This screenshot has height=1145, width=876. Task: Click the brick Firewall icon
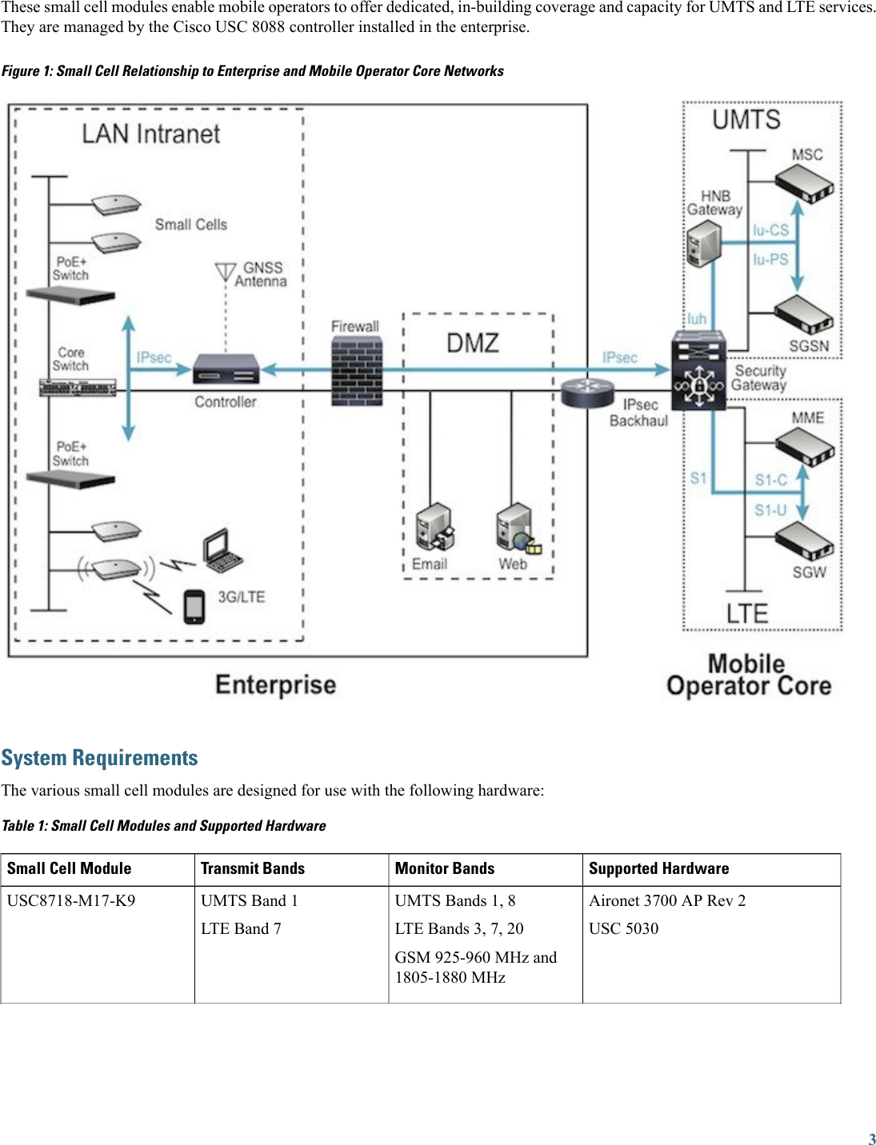(357, 371)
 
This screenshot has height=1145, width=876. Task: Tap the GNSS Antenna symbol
(226, 273)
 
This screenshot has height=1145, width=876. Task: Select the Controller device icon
(227, 369)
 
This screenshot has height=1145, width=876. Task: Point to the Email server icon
(435, 527)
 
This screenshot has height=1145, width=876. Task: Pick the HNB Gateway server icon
(704, 243)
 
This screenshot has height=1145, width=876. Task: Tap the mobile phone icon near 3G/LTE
(194, 606)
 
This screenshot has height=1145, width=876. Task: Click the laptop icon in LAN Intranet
(222, 551)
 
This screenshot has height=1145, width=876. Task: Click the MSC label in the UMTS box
(806, 154)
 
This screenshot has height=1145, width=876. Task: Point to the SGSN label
(809, 346)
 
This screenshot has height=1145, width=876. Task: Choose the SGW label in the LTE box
(809, 572)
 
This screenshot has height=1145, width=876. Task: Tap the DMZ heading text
(472, 343)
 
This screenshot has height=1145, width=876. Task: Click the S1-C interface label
(770, 480)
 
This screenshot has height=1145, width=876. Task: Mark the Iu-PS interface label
(770, 260)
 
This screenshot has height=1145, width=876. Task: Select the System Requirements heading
(99, 758)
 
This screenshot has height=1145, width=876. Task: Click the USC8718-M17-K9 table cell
(71, 900)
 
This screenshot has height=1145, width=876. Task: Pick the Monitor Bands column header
(445, 868)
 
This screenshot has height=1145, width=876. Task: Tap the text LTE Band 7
(241, 928)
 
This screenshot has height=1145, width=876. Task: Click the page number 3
(871, 1139)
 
